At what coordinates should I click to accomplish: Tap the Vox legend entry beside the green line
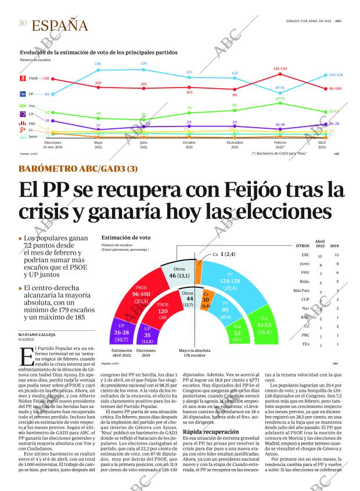pyautogui.click(x=24, y=106)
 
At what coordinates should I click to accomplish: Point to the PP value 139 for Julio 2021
pyautogui.click(x=143, y=63)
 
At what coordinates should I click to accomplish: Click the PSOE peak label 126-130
pyautogui.click(x=280, y=68)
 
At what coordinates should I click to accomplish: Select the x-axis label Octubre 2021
pyautogui.click(x=189, y=145)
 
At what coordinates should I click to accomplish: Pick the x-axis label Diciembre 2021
pyautogui.click(x=235, y=145)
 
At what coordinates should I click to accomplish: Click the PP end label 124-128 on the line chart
pyautogui.click(x=336, y=75)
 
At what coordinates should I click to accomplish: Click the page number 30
pyautogui.click(x=22, y=23)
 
